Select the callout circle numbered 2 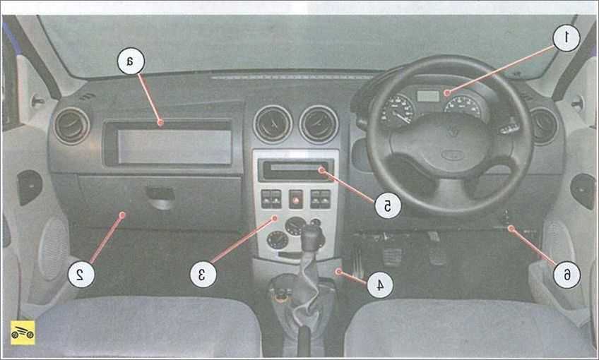[x=81, y=274]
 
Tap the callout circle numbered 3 [x=203, y=274]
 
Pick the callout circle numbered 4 [x=379, y=284]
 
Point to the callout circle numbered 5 [x=387, y=206]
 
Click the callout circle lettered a [x=131, y=61]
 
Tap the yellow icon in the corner [x=23, y=332]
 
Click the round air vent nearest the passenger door [x=71, y=126]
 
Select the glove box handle [x=161, y=198]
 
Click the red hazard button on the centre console [x=296, y=199]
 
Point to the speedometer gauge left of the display [x=398, y=110]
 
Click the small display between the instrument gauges [x=428, y=96]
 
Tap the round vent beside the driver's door [x=544, y=126]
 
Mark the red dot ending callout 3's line [x=274, y=218]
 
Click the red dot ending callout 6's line [x=511, y=228]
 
